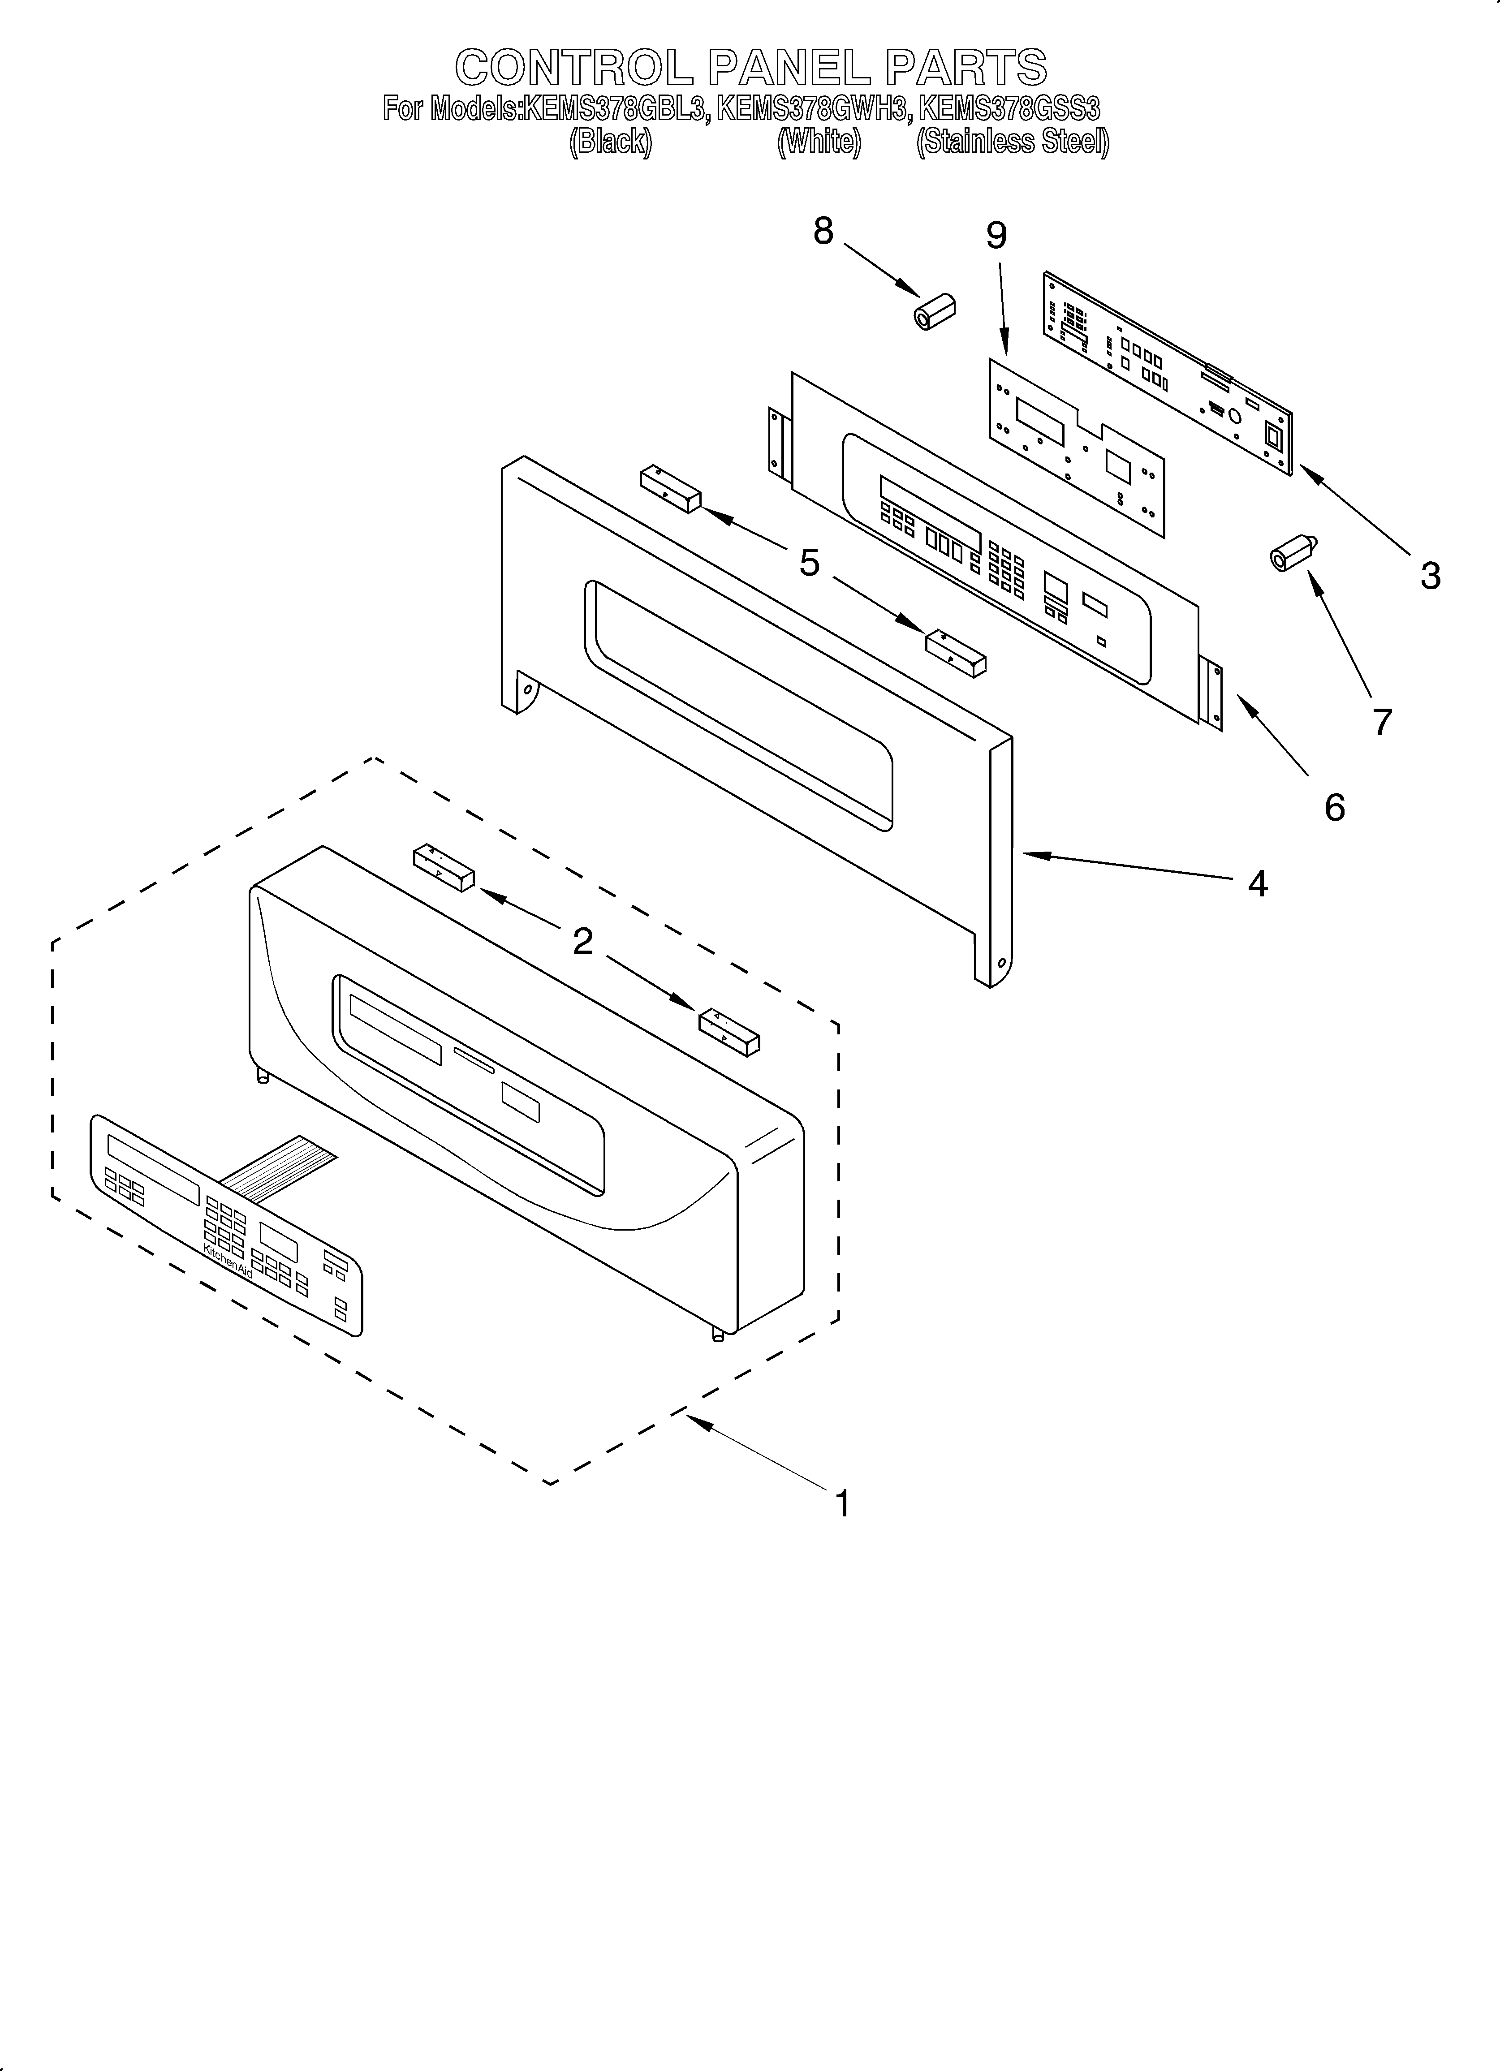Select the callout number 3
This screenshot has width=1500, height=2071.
(1430, 576)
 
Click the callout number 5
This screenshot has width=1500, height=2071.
(810, 564)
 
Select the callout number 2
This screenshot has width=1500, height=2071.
(583, 942)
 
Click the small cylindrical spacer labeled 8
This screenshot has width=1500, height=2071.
(935, 312)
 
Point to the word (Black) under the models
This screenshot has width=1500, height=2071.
(610, 142)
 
